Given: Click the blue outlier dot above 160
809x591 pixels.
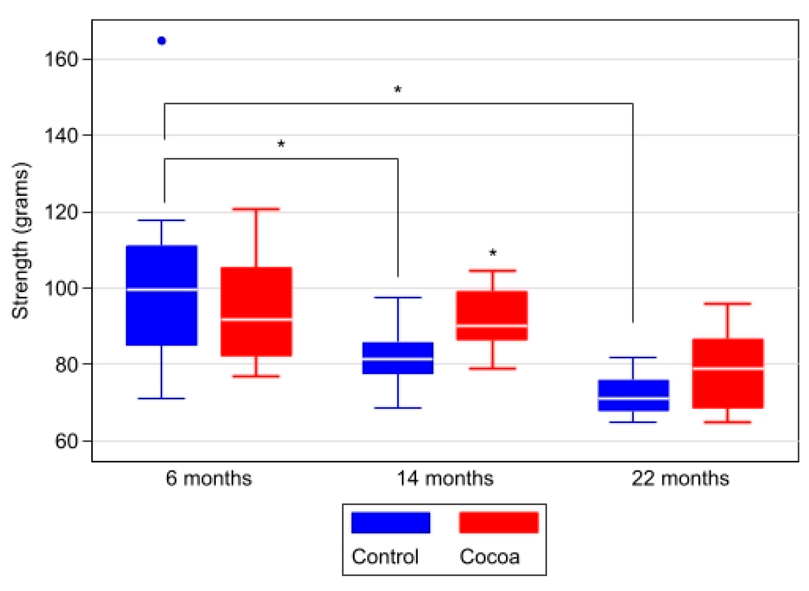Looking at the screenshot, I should click(162, 41).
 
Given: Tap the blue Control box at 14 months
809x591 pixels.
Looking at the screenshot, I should click(398, 358).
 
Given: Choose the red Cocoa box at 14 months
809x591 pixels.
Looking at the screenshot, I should click(492, 315).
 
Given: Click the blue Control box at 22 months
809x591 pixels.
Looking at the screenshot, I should click(633, 395).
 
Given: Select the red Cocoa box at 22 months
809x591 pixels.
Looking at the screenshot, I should click(727, 373).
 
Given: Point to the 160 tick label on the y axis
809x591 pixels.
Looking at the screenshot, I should click(61, 59).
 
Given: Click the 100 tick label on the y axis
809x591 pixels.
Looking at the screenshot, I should click(61, 288).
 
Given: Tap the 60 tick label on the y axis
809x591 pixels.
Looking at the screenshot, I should click(66, 441).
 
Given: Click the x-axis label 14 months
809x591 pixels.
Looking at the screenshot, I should click(445, 479).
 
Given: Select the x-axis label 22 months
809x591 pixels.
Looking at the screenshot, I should click(680, 479).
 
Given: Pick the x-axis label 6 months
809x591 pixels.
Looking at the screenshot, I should click(209, 479).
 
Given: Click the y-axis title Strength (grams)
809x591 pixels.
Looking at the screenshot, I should click(20, 240).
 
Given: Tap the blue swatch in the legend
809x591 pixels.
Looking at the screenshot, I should click(391, 523).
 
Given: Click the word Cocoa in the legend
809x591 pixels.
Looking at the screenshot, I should click(489, 557).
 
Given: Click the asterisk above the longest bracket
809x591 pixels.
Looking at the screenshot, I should click(398, 89).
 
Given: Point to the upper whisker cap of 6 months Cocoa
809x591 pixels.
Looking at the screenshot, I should click(256, 209).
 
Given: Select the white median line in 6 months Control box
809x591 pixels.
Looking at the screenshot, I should click(162, 289).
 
